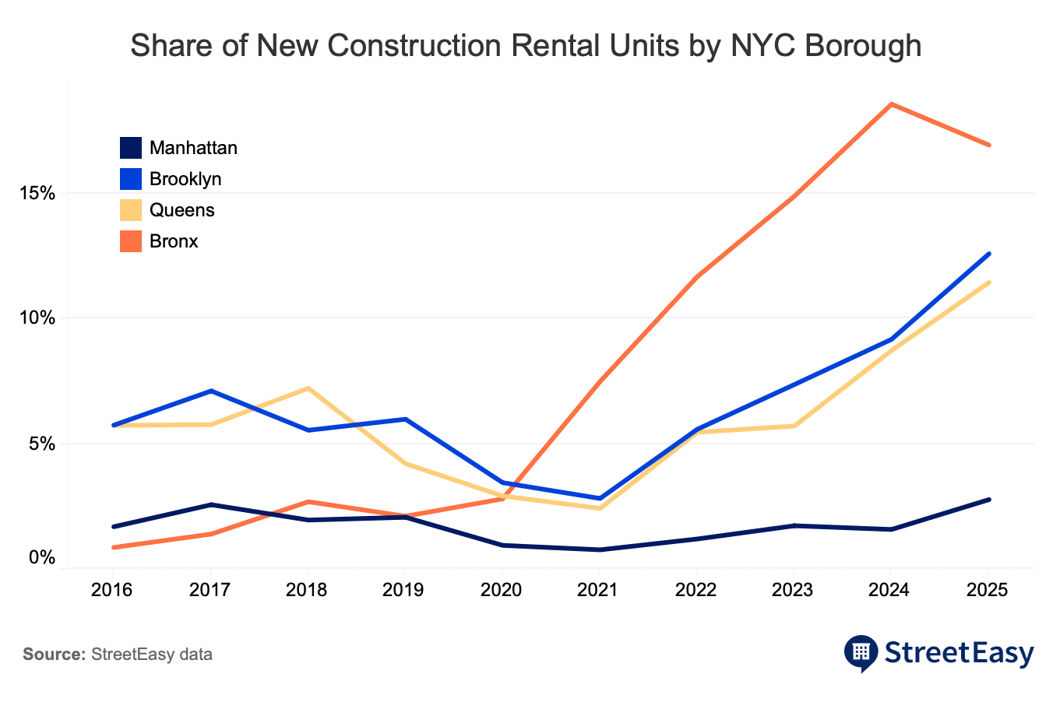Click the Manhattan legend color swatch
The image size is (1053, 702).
click(x=130, y=148)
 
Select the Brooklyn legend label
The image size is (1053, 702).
click(x=185, y=179)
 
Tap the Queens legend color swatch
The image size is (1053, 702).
click(x=130, y=210)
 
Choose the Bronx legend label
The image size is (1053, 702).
click(x=174, y=241)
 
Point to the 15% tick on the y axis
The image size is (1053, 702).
click(x=37, y=193)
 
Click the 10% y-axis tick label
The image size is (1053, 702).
click(x=37, y=318)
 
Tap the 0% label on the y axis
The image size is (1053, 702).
click(x=43, y=558)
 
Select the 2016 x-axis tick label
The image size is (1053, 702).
click(x=112, y=590)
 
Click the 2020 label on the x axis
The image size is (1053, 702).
click(x=501, y=590)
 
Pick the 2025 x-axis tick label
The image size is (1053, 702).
click(x=988, y=590)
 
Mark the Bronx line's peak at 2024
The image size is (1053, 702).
click(x=891, y=104)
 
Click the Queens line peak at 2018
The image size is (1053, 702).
click(x=308, y=388)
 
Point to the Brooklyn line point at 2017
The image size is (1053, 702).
click(x=210, y=391)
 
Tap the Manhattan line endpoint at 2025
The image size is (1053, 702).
click(x=989, y=499)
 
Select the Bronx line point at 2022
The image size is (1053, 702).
click(x=697, y=277)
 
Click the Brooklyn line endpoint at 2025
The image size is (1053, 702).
click(x=989, y=254)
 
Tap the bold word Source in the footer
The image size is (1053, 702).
click(x=54, y=655)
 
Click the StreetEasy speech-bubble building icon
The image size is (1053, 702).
click(x=861, y=652)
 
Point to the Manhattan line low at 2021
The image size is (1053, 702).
click(x=600, y=549)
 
